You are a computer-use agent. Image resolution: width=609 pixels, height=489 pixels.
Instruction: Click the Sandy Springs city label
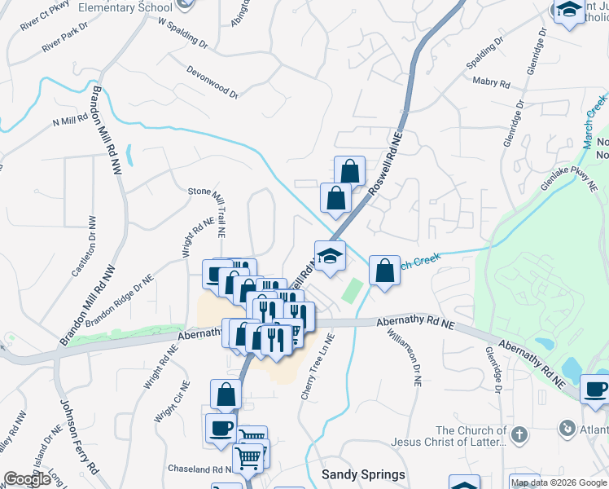[x=363, y=474]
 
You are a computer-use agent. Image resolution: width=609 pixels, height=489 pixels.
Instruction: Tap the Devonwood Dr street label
[x=212, y=82]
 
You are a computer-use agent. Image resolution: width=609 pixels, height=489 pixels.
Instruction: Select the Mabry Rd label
[x=491, y=82]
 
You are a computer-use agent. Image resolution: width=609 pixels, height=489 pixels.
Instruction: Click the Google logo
[x=27, y=479]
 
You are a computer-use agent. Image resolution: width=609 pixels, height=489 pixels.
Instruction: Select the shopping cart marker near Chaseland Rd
[x=249, y=456]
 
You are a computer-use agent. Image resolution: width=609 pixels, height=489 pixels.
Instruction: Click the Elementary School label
[x=134, y=7]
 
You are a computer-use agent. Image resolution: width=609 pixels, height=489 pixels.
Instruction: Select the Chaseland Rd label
[x=199, y=469]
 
